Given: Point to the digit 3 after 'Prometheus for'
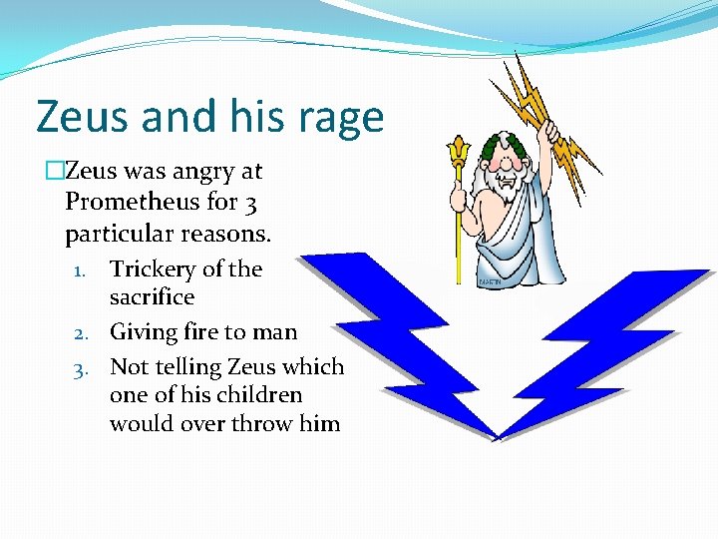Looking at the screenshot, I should (x=250, y=203).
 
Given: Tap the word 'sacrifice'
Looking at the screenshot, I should (x=152, y=297).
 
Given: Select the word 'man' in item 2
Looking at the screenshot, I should (x=274, y=330).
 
